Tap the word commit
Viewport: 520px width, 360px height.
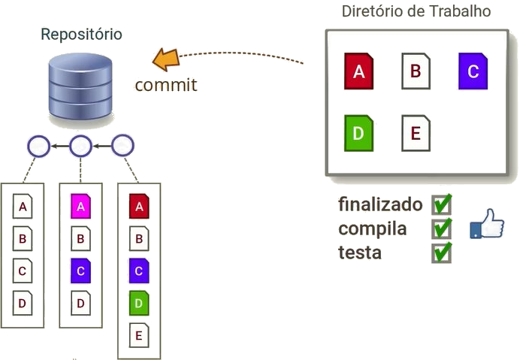coord(165,84)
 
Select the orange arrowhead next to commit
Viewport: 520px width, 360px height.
coord(164,59)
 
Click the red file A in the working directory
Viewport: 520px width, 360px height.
coord(358,71)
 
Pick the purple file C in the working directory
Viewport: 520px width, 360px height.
coord(473,71)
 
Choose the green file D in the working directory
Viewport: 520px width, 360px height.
coord(358,133)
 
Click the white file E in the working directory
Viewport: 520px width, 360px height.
coord(416,133)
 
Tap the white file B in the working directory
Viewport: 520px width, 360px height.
coord(416,71)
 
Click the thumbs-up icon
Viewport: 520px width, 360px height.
coord(486,224)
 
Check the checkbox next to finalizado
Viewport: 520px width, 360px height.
coord(442,204)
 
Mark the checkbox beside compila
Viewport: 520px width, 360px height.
coord(442,228)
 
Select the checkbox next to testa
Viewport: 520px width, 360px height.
coord(442,252)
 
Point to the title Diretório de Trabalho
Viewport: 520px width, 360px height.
coord(416,11)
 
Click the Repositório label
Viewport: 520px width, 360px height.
coord(81,35)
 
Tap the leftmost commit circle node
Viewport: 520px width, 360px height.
coord(38,146)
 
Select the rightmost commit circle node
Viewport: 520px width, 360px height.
coord(122,146)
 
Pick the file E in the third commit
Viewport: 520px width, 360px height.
coord(138,333)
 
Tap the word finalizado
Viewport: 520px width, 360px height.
coord(381,204)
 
